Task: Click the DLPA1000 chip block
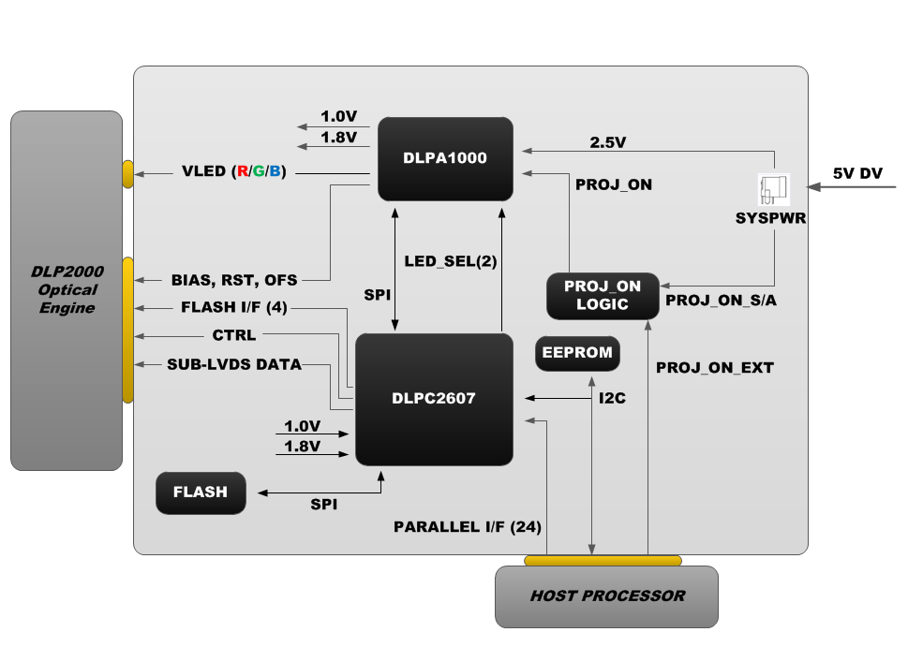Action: [x=445, y=158]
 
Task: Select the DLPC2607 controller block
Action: [x=434, y=399]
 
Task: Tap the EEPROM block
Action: [x=577, y=353]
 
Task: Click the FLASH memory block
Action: [x=201, y=493]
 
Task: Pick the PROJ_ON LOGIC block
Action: [x=602, y=296]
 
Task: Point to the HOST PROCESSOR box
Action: [x=606, y=596]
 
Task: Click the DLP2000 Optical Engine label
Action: [x=67, y=289]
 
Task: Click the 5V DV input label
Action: [x=856, y=173]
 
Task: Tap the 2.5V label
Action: [x=607, y=143]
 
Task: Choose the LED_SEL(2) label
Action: [x=450, y=261]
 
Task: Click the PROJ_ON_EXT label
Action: [x=714, y=368]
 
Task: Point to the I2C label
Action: [x=612, y=398]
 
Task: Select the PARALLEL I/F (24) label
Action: [x=467, y=526]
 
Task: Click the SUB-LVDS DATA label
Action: [x=233, y=364]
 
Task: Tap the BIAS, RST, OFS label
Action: [x=233, y=280]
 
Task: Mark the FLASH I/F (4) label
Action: [x=233, y=307]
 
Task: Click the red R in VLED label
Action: [x=242, y=171]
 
